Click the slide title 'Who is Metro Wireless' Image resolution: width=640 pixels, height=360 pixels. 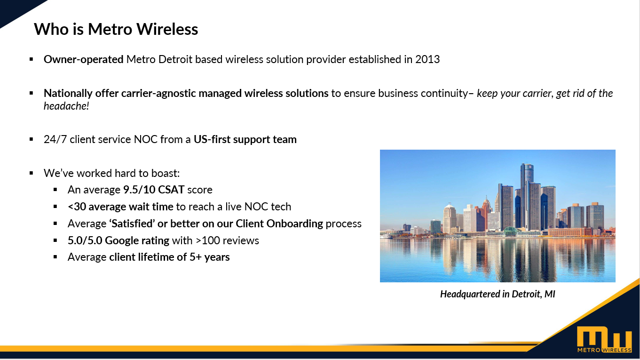116,29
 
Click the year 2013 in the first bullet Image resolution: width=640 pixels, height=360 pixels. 427,59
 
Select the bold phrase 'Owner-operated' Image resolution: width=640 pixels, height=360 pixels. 83,60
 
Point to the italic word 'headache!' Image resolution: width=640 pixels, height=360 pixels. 66,106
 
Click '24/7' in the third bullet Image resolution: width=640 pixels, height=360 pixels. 55,140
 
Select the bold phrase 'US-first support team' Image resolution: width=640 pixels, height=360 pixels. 245,140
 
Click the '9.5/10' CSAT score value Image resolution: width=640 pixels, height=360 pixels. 139,190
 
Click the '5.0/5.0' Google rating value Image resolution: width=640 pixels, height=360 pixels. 85,240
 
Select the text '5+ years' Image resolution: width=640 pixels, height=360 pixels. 209,257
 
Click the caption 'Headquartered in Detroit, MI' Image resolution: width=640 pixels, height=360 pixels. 498,294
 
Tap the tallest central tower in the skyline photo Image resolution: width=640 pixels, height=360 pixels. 527,194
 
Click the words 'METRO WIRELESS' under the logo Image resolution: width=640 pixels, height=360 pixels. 604,350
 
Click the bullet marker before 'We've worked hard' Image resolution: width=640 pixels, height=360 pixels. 32,173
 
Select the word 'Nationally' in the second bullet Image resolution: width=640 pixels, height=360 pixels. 68,94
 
